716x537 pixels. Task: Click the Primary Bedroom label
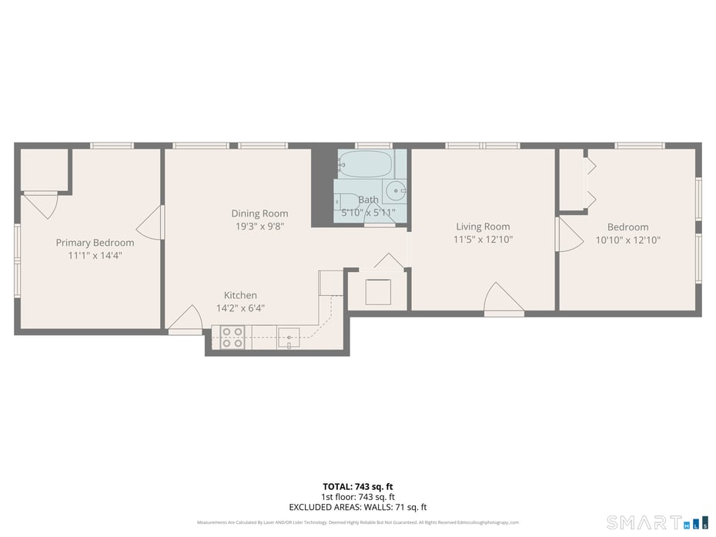point(95,243)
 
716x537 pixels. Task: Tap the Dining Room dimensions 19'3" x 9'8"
point(259,227)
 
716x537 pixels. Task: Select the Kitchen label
point(240,295)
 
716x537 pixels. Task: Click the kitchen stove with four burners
point(233,337)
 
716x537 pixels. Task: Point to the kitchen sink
point(289,337)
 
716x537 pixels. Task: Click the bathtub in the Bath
point(365,164)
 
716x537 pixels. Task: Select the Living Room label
point(483,227)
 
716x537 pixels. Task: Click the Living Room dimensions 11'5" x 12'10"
point(483,240)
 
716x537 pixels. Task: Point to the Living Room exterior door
point(503,300)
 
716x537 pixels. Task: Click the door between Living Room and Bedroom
point(568,234)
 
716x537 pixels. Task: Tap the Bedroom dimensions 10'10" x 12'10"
point(627,240)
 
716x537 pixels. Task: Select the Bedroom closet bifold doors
point(590,183)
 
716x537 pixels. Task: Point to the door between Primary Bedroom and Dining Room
point(152,223)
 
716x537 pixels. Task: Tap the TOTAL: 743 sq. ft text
point(357,486)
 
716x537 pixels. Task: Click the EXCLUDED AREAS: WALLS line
point(357,507)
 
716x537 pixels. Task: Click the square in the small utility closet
point(377,292)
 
